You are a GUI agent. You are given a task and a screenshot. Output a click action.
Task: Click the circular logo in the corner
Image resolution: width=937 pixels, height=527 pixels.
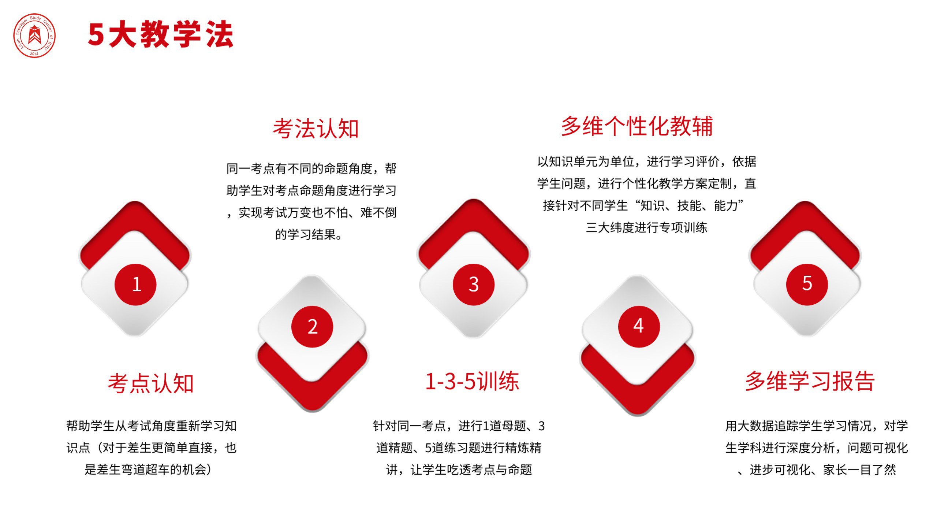coord(34,36)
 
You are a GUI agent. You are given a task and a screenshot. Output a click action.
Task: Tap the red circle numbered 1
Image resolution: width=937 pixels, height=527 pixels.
coord(135,285)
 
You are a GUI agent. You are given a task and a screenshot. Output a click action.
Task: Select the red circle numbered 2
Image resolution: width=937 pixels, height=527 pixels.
coord(312,326)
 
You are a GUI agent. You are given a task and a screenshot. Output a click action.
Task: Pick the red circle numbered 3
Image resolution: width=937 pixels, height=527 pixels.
coord(474,285)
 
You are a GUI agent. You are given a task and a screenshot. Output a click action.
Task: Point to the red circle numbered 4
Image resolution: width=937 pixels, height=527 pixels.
coord(639,326)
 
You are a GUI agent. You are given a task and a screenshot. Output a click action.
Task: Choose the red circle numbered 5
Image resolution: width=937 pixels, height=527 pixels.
coord(807,284)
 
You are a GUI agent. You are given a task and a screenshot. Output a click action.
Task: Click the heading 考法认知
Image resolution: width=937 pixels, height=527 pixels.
coord(316,129)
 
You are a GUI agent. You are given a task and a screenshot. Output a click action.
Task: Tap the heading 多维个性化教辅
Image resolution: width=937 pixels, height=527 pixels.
coord(637,126)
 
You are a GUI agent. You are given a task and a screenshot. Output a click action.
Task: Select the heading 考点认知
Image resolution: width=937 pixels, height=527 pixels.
coord(150,383)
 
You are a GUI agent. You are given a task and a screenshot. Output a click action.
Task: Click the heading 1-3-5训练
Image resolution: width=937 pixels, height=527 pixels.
coord(472,381)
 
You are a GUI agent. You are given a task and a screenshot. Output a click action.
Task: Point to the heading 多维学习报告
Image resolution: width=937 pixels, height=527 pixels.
coord(810,381)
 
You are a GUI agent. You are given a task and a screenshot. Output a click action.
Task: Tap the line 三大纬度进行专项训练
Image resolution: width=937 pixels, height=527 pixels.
coord(646,227)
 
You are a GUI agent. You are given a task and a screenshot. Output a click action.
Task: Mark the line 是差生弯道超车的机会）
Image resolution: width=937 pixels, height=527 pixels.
coord(149,470)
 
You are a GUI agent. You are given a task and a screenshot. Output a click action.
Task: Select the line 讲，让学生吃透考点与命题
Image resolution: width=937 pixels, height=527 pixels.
coord(459,470)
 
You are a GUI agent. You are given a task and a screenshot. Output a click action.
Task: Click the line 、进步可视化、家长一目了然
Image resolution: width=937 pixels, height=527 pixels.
coord(817,470)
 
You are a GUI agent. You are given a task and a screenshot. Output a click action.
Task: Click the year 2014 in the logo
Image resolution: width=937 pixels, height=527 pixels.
coord(34,54)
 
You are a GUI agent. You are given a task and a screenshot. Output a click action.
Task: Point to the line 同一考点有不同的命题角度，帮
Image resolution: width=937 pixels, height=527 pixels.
coord(311,168)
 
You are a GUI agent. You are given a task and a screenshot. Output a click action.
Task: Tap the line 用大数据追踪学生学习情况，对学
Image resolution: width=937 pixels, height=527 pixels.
coord(817,426)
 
